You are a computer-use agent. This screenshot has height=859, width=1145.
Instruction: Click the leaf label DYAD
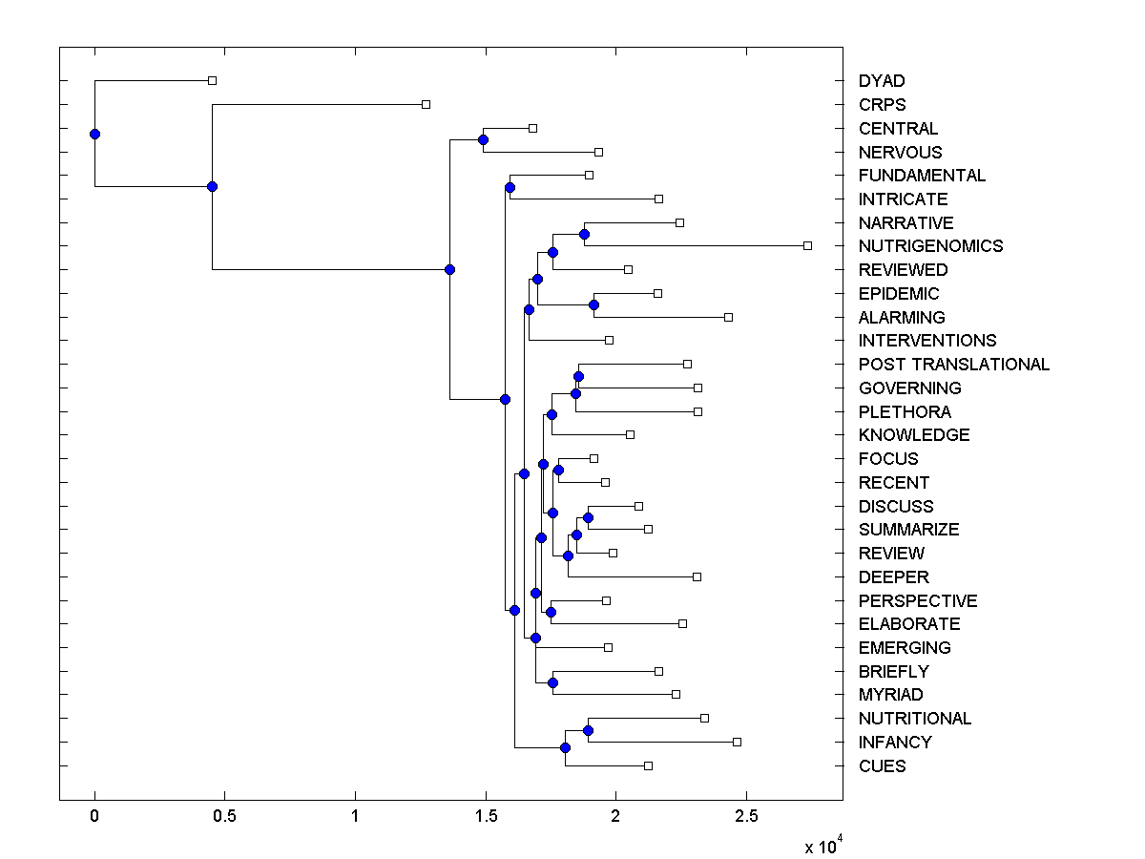(881, 81)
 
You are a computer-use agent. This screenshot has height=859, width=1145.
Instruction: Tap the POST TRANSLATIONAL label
(953, 365)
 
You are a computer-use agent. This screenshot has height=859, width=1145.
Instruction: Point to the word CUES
(882, 766)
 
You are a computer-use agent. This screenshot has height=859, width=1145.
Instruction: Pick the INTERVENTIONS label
(926, 341)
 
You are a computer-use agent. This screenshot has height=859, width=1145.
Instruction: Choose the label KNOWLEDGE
(913, 435)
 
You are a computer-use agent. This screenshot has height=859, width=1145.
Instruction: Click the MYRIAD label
(890, 695)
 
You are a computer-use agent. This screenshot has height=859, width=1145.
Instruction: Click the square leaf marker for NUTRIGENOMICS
(807, 246)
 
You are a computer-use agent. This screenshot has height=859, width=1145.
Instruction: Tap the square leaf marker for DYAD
(212, 81)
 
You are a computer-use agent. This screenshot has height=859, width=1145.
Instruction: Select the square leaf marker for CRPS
(426, 104)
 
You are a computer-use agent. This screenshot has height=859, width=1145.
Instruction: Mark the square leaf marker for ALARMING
(728, 317)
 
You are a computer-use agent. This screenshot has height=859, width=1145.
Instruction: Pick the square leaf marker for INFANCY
(737, 742)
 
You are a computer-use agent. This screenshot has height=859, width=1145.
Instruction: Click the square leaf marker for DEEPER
(697, 576)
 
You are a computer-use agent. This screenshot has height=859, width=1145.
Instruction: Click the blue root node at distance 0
(94, 134)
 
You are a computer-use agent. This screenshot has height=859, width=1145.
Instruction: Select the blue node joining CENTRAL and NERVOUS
(483, 140)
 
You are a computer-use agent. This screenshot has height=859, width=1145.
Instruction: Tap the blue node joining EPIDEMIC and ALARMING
(593, 304)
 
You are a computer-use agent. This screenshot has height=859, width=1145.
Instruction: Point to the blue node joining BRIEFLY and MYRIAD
(552, 682)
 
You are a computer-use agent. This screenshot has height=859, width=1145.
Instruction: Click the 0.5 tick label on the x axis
(224, 817)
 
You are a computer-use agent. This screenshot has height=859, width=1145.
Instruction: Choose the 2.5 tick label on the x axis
(746, 817)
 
